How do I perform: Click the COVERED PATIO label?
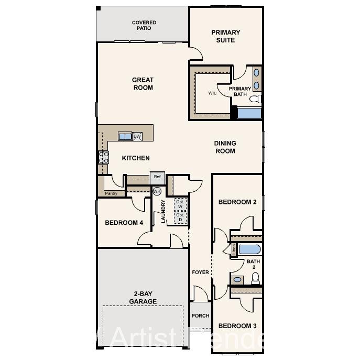pyautogui.click(x=144, y=25)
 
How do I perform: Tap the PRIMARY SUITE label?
pyautogui.click(x=226, y=36)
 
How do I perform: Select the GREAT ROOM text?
pyautogui.click(x=143, y=84)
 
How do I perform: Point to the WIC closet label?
pyautogui.click(x=212, y=93)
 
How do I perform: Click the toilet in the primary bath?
pyautogui.click(x=255, y=99)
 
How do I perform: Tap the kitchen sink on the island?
pyautogui.click(x=125, y=137)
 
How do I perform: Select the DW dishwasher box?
pyautogui.click(x=137, y=137)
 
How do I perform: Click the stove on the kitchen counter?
pyautogui.click(x=104, y=157)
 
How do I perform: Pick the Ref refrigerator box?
pyautogui.click(x=157, y=177)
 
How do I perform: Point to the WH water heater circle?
pyautogui.click(x=157, y=191)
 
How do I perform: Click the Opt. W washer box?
pyautogui.click(x=180, y=204)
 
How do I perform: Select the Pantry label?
pyautogui.click(x=111, y=193)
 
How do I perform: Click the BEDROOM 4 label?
pyautogui.click(x=124, y=223)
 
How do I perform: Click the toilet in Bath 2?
pyautogui.click(x=255, y=279)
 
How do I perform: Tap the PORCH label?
pyautogui.click(x=200, y=316)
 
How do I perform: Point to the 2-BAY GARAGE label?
pyautogui.click(x=143, y=298)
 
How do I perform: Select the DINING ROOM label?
pyautogui.click(x=225, y=147)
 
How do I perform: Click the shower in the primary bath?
pyautogui.click(x=249, y=113)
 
